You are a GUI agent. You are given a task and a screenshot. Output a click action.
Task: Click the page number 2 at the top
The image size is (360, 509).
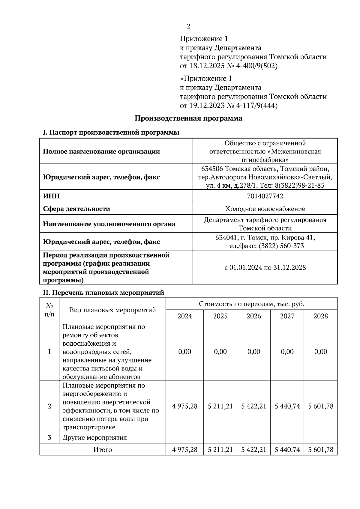tap(188, 26)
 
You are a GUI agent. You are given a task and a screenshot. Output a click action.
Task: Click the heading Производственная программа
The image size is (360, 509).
tap(188, 118)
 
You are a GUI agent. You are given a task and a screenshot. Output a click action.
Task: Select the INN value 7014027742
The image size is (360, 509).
tap(265, 196)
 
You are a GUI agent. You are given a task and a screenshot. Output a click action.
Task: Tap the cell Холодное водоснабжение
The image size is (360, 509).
tap(265, 209)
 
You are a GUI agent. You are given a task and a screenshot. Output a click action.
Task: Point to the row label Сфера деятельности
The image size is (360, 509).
tap(76, 209)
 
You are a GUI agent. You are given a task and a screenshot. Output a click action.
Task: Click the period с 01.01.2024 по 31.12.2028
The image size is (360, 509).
tap(265, 267)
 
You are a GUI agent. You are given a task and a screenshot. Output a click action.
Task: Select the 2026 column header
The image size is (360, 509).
tap(253, 316)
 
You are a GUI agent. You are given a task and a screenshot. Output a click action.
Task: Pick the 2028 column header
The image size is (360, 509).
tap(320, 316)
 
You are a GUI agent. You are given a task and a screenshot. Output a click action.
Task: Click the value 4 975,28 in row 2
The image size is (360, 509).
tap(184, 406)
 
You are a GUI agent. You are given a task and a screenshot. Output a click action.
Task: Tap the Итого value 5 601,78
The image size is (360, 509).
tap(320, 450)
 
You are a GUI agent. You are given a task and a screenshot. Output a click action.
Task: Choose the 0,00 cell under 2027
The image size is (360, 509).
tap(287, 352)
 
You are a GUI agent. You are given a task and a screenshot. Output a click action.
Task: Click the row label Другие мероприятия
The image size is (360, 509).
tap(94, 438)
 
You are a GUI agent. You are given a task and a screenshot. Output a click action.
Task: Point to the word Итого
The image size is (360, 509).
tap(103, 450)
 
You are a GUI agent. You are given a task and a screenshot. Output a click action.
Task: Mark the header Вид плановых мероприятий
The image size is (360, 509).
tap(112, 310)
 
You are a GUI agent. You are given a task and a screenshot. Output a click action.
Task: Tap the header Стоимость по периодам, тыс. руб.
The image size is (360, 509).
tap(251, 304)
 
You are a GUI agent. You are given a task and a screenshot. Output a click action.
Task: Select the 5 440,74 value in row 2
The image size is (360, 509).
tap(287, 406)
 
